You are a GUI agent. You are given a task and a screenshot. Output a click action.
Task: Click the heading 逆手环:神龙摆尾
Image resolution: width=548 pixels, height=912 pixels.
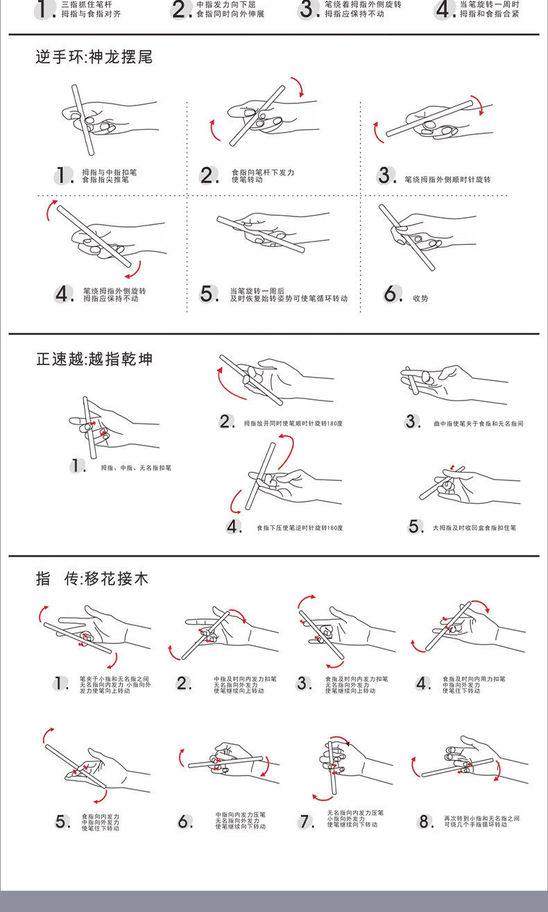coord(94,58)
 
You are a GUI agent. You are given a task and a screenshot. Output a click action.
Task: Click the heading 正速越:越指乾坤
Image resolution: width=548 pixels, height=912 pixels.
coord(94,360)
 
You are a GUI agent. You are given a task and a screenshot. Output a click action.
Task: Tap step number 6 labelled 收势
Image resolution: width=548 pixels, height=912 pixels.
coord(393,294)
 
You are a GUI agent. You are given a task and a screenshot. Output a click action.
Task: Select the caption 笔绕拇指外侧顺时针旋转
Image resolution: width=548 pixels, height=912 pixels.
coord(447,180)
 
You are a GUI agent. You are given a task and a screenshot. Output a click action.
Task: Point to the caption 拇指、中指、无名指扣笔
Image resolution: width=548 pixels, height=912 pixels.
coord(136,468)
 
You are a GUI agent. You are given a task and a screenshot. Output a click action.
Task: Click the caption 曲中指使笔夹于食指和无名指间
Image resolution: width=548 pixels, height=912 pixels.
coord(478,423)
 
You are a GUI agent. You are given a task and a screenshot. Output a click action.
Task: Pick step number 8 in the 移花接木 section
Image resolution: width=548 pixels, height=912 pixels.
coord(425,822)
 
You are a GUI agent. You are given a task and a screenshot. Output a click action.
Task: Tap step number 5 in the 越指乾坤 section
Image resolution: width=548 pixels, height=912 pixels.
coord(415,527)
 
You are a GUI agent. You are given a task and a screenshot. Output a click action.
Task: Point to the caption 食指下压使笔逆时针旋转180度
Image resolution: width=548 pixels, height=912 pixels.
coord(300,528)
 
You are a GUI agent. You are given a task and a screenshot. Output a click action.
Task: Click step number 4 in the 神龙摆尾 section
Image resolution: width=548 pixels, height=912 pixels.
coord(64,294)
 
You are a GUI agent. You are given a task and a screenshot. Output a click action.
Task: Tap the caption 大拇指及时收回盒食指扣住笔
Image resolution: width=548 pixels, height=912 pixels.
coord(474,527)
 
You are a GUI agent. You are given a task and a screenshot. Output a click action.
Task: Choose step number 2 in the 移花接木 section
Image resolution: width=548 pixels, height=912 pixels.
coord(184,684)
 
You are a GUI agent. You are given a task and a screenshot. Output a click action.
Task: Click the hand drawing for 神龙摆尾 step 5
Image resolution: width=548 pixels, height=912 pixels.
coord(271,232)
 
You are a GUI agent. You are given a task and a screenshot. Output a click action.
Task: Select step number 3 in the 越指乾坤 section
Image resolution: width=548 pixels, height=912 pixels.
coord(413,422)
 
